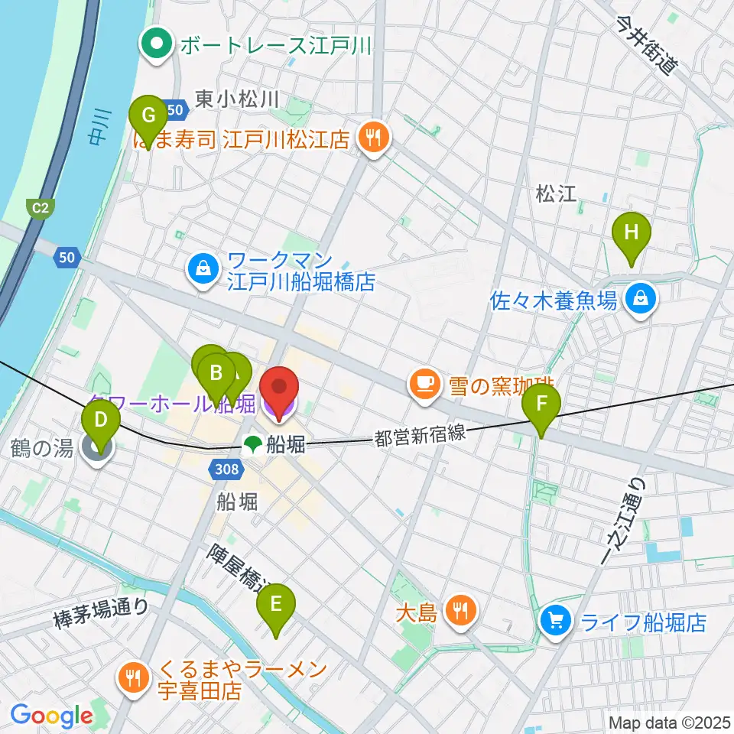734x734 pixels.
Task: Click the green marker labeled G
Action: tap(149, 117)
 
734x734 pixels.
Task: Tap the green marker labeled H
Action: tap(632, 232)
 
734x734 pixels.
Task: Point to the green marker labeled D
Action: tap(100, 420)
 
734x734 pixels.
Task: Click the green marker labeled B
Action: tap(216, 374)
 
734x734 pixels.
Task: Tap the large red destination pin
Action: tap(279, 391)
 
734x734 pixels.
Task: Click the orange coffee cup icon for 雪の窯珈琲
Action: tap(423, 382)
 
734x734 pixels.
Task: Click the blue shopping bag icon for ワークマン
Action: tap(203, 270)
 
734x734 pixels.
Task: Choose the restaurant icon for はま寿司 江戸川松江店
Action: tap(375, 138)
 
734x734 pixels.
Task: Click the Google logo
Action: tap(51, 716)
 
